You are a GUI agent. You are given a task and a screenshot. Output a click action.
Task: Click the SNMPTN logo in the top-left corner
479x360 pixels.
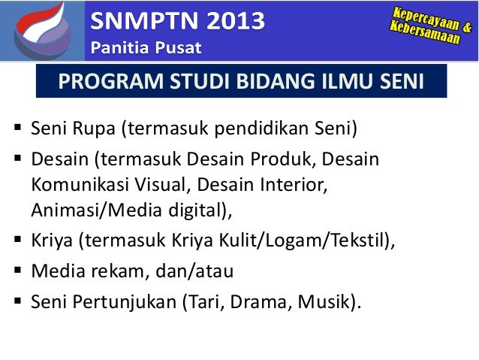(38, 30)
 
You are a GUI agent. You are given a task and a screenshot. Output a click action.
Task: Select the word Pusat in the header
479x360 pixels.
(179, 49)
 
